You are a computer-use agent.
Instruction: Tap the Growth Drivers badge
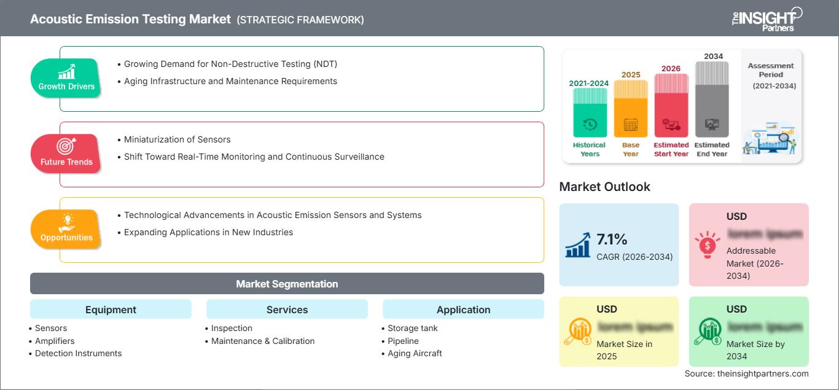pyautogui.click(x=66, y=78)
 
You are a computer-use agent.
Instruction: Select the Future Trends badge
pyautogui.click(x=66, y=154)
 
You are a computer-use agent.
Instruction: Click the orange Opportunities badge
pyautogui.click(x=66, y=229)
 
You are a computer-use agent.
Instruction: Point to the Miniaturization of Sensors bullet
pyautogui.click(x=177, y=139)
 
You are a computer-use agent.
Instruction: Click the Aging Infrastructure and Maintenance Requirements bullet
pyautogui.click(x=230, y=81)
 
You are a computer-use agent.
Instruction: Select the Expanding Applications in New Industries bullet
pyautogui.click(x=208, y=232)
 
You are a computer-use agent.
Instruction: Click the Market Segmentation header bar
pyautogui.click(x=287, y=284)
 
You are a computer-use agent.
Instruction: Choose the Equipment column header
pyautogui.click(x=111, y=310)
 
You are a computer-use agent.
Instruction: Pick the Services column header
pyautogui.click(x=287, y=310)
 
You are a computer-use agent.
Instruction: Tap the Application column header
pyautogui.click(x=463, y=310)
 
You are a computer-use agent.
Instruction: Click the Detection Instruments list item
pyautogui.click(x=78, y=353)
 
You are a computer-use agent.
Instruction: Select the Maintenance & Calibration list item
pyautogui.click(x=263, y=341)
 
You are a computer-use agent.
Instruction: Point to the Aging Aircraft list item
pyautogui.click(x=415, y=353)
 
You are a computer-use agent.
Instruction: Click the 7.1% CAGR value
pyautogui.click(x=612, y=239)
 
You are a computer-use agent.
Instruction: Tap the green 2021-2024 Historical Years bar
pyautogui.click(x=590, y=112)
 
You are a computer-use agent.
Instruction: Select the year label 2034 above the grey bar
pyautogui.click(x=713, y=57)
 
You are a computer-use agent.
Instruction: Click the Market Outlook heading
pyautogui.click(x=604, y=187)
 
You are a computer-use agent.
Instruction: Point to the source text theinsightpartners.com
pyautogui.click(x=746, y=373)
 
